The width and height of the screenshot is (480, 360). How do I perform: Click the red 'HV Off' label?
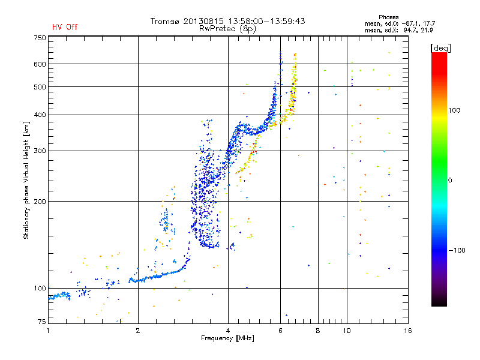click(65, 27)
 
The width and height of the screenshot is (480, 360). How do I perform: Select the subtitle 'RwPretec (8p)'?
click(227, 29)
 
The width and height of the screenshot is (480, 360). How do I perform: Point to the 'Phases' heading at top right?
click(388, 17)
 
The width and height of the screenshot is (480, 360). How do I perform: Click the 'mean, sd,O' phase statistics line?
click(400, 23)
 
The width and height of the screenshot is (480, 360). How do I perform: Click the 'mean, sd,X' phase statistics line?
click(398, 30)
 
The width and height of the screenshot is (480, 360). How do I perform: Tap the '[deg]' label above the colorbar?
click(440, 48)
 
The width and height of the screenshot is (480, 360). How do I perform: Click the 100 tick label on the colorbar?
click(454, 110)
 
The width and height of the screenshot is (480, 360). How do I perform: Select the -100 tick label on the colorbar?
click(457, 250)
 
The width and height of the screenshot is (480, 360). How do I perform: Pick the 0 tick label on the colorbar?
click(450, 180)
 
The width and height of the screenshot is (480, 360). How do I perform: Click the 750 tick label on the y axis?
click(40, 38)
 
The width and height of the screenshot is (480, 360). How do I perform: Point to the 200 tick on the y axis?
click(40, 202)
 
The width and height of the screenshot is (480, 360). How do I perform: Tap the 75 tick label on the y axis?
click(42, 322)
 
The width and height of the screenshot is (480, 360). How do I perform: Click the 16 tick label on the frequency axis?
click(408, 331)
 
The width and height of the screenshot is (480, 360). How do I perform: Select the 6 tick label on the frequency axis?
click(280, 331)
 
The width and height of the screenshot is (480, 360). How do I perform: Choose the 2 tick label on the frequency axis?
click(138, 331)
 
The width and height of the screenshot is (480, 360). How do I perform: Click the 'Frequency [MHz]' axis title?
click(227, 338)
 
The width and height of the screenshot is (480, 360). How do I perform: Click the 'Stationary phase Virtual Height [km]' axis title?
click(26, 180)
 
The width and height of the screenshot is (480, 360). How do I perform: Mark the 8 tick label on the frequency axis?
click(318, 331)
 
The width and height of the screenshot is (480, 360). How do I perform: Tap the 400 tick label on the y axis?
click(40, 115)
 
